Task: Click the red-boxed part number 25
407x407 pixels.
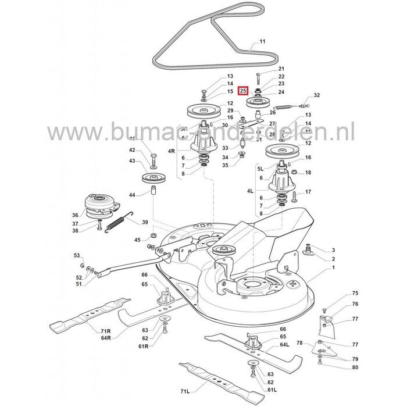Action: coord(243,91)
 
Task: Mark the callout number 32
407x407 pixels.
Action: coord(317,95)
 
